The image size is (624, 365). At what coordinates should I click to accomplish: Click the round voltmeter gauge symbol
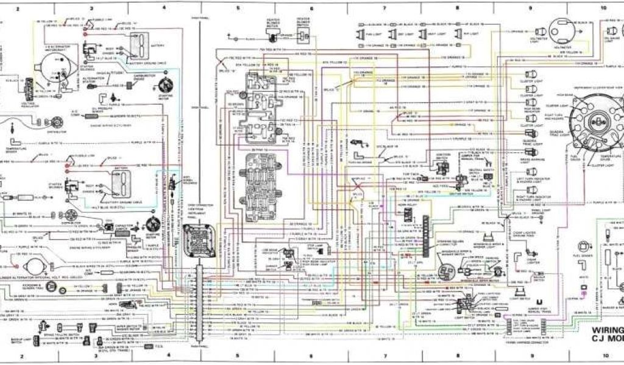pyautogui.click(x=558, y=28)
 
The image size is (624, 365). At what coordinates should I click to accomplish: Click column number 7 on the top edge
pyautogui.click(x=385, y=8)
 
